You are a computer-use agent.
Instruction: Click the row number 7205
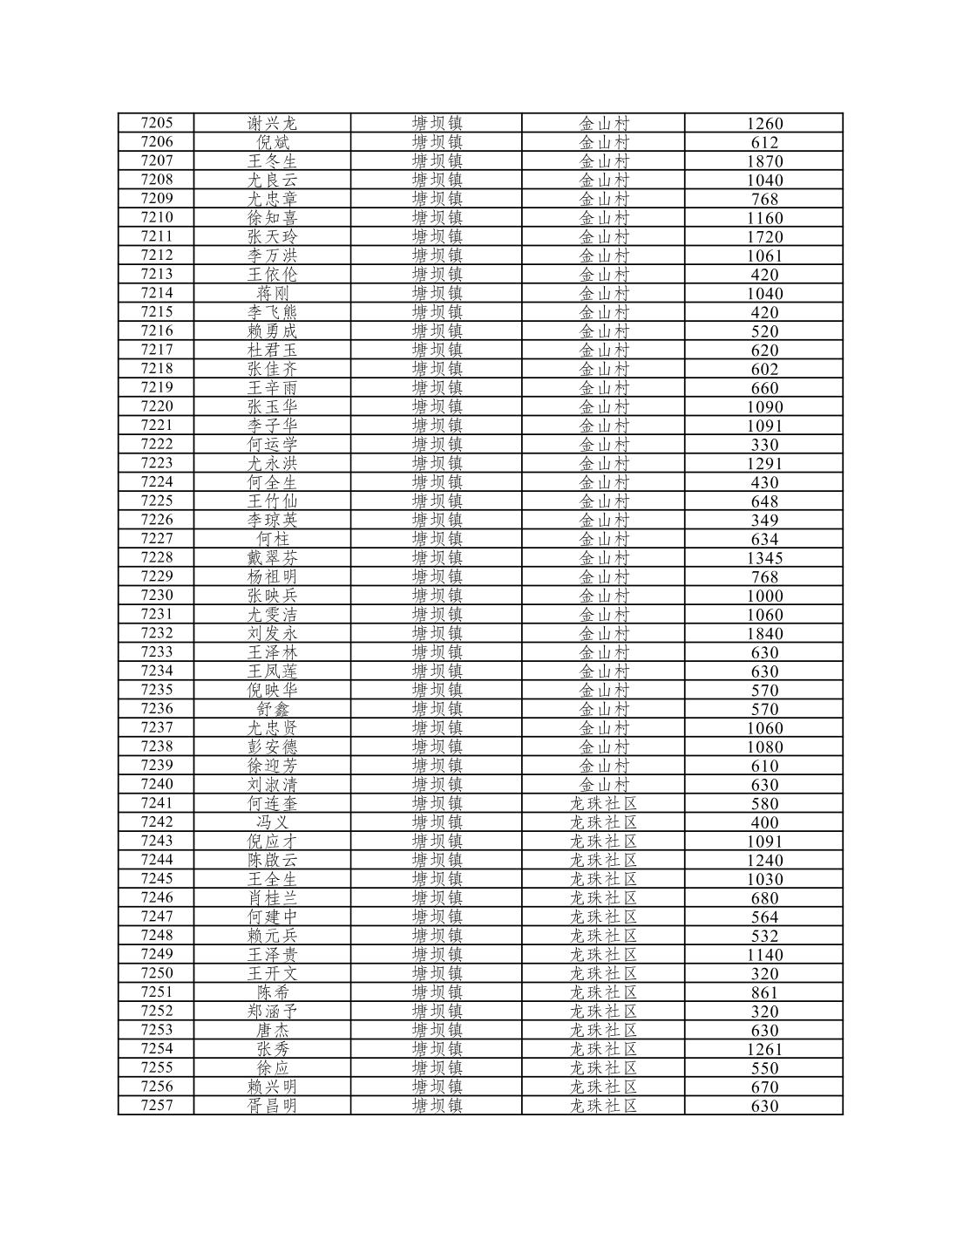click(157, 123)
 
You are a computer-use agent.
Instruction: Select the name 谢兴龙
click(272, 123)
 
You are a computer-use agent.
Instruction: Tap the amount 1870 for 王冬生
click(764, 161)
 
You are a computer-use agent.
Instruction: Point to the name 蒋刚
click(272, 293)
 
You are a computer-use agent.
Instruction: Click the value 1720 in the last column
click(764, 237)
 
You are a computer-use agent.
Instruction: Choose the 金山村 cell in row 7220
click(604, 406)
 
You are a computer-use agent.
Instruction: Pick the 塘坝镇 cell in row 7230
click(437, 596)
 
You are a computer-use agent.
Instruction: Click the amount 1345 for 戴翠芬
click(764, 558)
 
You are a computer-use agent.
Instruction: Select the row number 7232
click(157, 633)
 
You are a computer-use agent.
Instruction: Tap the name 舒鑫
click(272, 709)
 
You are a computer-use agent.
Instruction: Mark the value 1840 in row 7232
click(764, 634)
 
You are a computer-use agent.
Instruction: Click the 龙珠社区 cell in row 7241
click(604, 803)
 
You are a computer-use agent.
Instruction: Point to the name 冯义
click(272, 822)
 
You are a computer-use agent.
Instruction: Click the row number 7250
click(157, 973)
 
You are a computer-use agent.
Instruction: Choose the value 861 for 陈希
click(764, 992)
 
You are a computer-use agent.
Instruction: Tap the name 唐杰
click(272, 1030)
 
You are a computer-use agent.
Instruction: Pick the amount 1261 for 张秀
click(764, 1049)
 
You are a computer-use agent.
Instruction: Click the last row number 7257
click(157, 1106)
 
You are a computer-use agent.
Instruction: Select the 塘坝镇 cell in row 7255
click(437, 1068)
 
